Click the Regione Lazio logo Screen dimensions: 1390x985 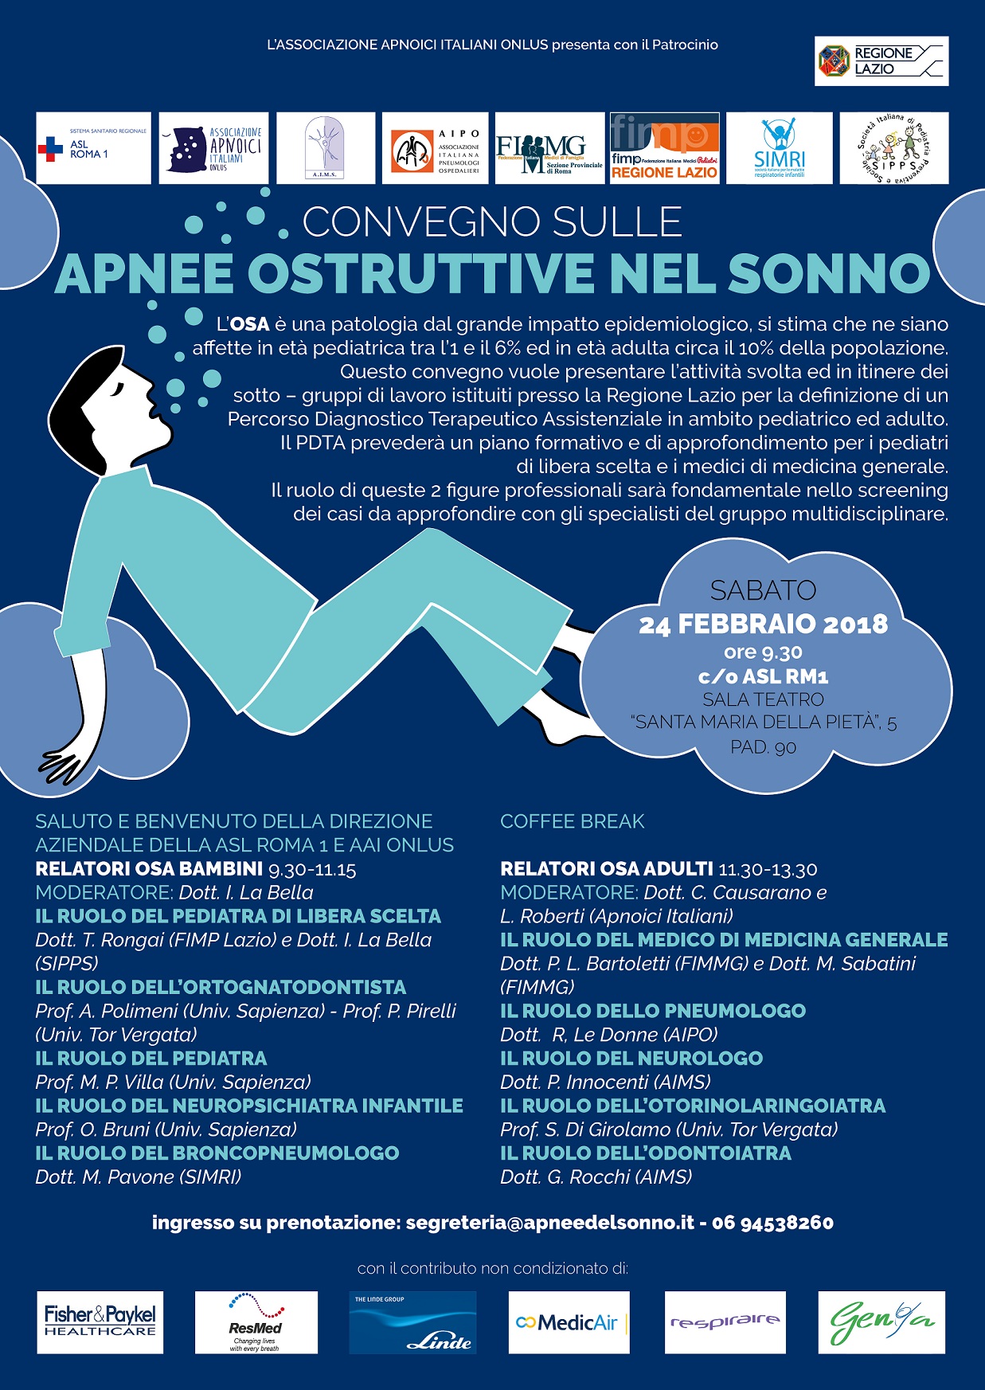click(881, 61)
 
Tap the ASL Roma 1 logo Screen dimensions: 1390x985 click(93, 148)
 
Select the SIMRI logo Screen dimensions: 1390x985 click(779, 148)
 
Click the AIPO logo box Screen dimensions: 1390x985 click(437, 148)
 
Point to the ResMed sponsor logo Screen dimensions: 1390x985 click(256, 1322)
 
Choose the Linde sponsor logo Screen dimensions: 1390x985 click(412, 1322)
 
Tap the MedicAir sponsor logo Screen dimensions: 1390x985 click(569, 1322)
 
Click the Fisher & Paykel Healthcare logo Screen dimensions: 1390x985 click(100, 1322)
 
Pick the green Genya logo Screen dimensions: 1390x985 click(881, 1322)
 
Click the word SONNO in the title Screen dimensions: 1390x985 click(829, 273)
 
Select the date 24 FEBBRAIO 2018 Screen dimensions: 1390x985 click(763, 624)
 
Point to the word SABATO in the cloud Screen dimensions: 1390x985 click(763, 590)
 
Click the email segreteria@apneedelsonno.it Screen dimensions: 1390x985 click(550, 1223)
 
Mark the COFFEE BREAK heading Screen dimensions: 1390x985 click(572, 821)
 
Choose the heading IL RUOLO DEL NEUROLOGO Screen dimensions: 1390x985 click(631, 1059)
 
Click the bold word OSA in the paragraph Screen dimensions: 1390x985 click(249, 324)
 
